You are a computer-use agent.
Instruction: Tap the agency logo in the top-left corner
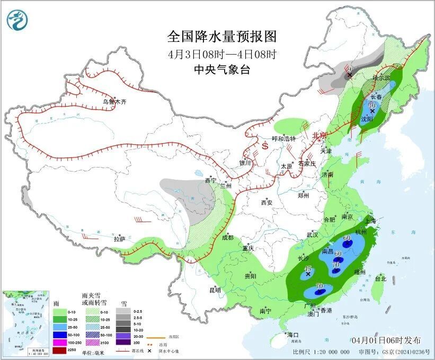point(17,21)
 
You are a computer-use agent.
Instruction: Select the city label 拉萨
point(119,239)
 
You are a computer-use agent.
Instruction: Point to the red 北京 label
point(320,136)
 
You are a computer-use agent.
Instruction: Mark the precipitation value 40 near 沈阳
point(372,106)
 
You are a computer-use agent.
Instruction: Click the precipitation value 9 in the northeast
point(349,69)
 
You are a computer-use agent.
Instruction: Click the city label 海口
point(293,335)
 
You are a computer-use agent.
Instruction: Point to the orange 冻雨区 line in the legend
point(155,336)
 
